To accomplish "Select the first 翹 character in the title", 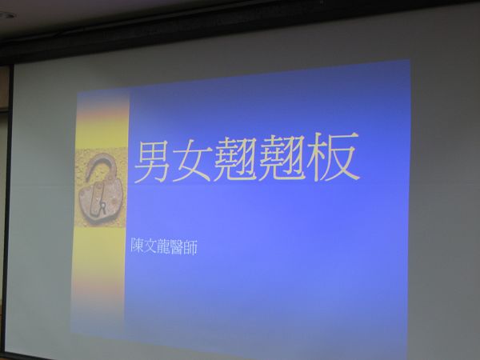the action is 235,158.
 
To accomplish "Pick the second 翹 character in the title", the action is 280,157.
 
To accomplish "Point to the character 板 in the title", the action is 333,156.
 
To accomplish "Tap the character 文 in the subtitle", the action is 150,246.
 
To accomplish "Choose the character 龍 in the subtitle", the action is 163,246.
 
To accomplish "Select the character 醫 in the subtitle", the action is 177,246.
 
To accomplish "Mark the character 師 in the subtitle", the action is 190,247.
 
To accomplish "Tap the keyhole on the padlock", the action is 103,207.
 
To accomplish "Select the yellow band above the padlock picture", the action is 102,133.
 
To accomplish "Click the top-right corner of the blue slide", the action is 410,60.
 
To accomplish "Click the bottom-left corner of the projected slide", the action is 70,334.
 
